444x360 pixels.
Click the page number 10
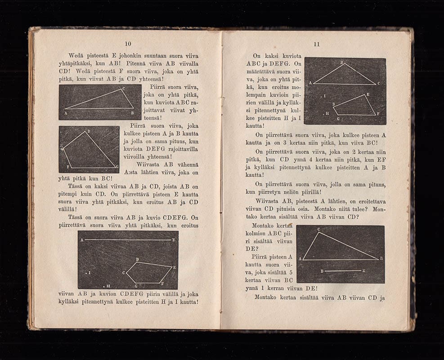(128, 43)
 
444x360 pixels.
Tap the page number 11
(316, 44)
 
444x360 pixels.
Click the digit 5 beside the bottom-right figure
(291, 272)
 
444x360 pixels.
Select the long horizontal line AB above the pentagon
(128, 240)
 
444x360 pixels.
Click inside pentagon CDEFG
(148, 272)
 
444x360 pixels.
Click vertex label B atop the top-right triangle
(341, 62)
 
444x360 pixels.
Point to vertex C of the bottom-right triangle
(319, 230)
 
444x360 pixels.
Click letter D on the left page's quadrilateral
(88, 130)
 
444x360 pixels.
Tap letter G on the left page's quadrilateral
(117, 166)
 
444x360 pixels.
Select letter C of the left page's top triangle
(123, 89)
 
